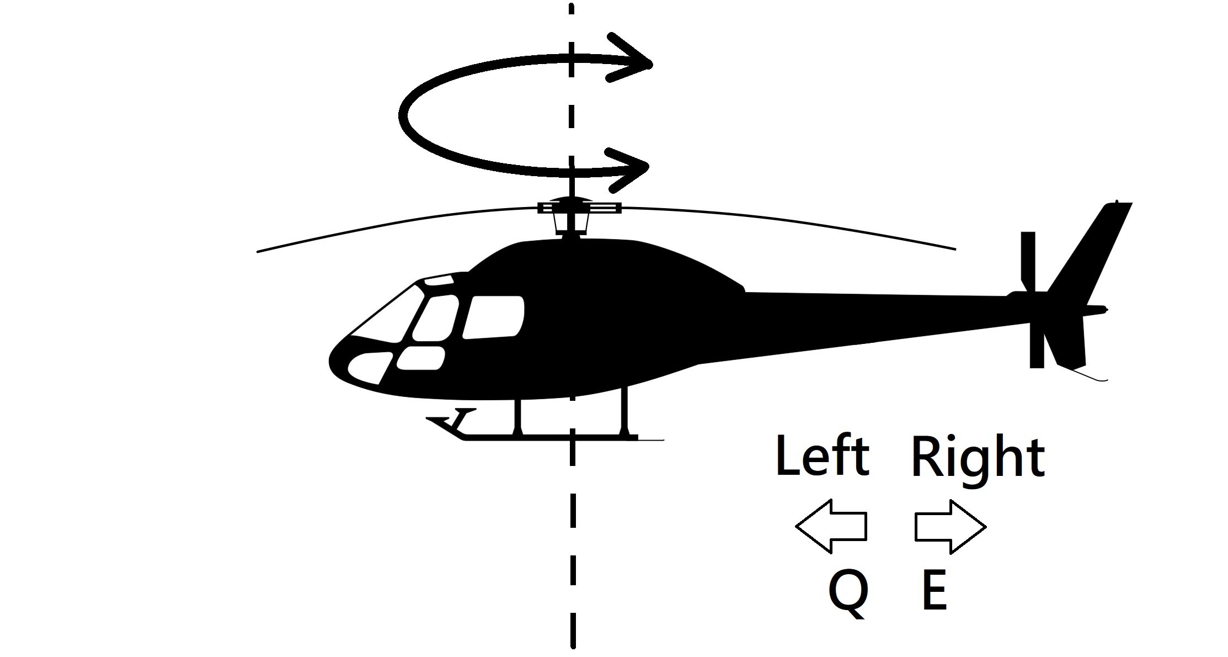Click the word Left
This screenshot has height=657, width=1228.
pos(822,457)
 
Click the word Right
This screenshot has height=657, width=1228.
pos(978,458)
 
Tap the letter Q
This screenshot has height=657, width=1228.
pos(848,592)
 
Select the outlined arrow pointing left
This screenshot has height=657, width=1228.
pos(830,526)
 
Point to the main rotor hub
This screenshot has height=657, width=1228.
pos(572,209)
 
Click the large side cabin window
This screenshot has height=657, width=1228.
pos(494,317)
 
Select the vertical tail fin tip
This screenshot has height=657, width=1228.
pos(1118,205)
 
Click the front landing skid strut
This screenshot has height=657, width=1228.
pos(517,415)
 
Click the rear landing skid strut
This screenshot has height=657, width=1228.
pos(624,411)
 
